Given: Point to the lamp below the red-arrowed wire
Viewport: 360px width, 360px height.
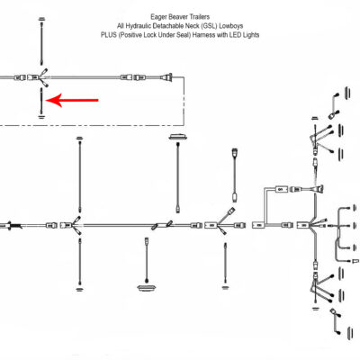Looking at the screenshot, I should tap(42, 114).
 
